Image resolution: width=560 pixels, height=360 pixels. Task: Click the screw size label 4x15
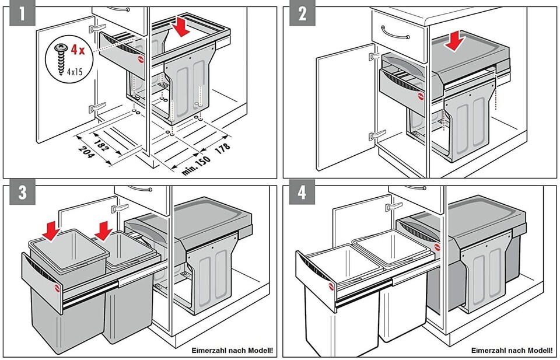(x=73, y=73)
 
